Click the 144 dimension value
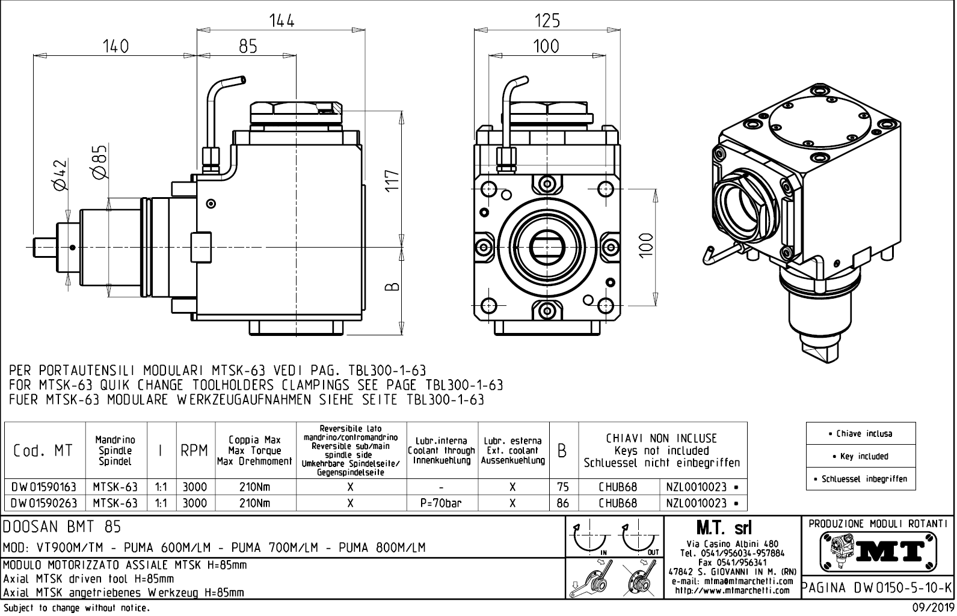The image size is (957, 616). point(282,20)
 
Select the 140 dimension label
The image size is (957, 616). point(115,46)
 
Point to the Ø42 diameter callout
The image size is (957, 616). point(60,175)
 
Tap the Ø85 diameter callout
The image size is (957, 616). point(99,162)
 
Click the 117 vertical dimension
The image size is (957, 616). point(392,181)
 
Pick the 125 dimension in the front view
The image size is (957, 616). point(547,20)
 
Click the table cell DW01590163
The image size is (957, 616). point(44,487)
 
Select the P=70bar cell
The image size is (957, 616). point(442,503)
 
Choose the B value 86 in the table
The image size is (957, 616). point(562,503)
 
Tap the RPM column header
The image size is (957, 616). point(194,450)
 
